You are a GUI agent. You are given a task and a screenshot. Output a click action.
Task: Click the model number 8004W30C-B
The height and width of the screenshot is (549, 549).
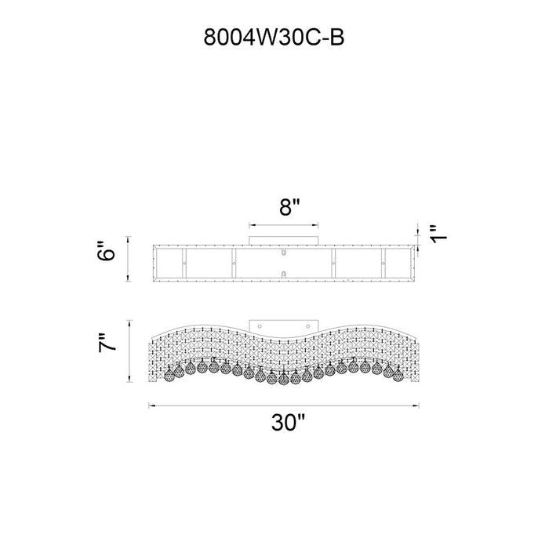pos(274,37)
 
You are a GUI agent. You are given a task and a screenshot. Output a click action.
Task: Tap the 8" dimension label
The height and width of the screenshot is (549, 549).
pos(289,207)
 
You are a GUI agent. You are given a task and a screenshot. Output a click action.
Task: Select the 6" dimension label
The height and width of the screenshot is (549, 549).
pos(106,251)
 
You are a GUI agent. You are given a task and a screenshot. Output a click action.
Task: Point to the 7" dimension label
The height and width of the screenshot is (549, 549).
pos(107,343)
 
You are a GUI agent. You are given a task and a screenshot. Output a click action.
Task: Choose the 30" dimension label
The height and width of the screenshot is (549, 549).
pos(288,423)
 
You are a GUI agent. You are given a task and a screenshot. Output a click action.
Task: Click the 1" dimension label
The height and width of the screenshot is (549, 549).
pos(439,234)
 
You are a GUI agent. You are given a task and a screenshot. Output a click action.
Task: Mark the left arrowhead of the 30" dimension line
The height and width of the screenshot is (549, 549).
pos(151,405)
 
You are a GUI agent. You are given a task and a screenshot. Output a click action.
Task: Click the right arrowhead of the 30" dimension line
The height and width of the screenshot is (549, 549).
pos(416,405)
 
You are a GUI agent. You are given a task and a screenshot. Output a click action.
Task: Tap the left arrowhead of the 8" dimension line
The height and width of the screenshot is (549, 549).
pos(252,226)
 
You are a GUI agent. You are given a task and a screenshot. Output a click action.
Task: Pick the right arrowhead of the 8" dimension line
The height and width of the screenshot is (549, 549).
pos(315,226)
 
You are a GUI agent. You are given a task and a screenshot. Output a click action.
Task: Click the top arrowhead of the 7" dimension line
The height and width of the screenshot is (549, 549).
pos(130,323)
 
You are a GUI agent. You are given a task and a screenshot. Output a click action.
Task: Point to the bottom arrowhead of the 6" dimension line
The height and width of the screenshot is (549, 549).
pos(128,278)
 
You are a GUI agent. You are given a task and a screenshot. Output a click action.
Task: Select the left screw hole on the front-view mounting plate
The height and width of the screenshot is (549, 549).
pos(260,326)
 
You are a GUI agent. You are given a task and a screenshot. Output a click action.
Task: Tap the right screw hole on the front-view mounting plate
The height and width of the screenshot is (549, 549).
pos(307,326)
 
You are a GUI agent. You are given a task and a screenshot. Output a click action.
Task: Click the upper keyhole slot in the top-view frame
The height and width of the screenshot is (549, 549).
pos(284,252)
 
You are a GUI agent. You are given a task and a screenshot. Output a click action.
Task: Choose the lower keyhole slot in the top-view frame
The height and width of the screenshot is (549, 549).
pos(284,274)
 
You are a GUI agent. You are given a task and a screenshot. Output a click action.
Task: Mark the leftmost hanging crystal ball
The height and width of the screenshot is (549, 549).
pos(169,376)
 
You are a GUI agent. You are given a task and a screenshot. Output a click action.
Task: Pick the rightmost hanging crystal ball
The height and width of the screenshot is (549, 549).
pos(398,376)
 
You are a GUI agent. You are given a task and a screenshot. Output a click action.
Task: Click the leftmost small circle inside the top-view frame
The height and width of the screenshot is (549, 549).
pos(184,264)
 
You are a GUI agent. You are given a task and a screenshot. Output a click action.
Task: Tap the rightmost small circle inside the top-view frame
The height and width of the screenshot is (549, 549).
pos(383,264)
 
